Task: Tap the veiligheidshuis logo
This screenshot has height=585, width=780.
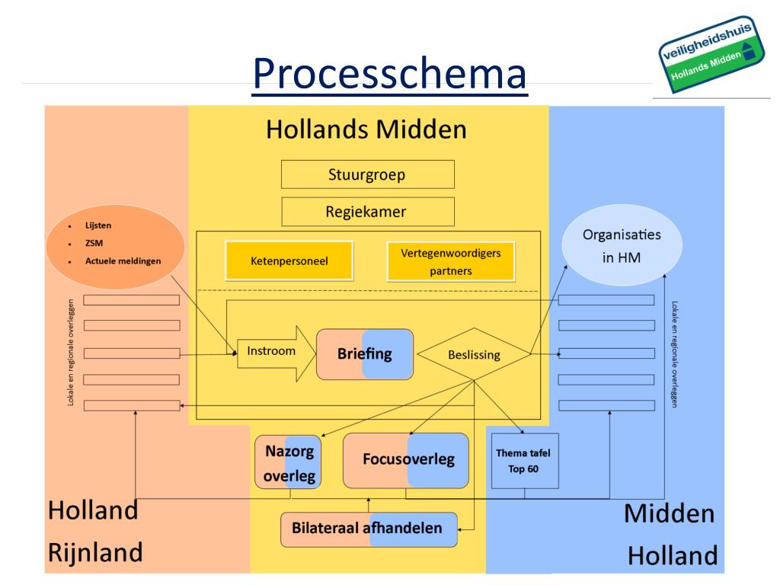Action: [x=712, y=53]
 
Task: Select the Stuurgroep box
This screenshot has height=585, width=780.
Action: [x=367, y=174]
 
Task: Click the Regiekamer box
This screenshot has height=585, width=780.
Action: [x=367, y=212]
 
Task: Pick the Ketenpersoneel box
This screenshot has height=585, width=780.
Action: [x=289, y=261]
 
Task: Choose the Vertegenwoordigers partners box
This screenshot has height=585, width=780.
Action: [x=450, y=261]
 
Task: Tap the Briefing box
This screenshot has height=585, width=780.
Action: [x=365, y=354]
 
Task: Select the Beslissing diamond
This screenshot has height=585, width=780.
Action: [x=474, y=355]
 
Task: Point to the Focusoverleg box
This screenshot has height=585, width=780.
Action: [x=405, y=460]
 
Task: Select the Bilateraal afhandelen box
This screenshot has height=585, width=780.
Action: [x=369, y=529]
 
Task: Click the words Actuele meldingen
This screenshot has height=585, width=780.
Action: [x=123, y=261]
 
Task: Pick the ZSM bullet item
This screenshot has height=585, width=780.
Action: [x=94, y=244]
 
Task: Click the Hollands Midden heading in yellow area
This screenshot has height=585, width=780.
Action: [x=366, y=129]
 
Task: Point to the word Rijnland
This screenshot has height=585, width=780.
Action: [x=94, y=551]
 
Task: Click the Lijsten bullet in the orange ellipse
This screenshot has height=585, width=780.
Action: [x=98, y=226]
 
